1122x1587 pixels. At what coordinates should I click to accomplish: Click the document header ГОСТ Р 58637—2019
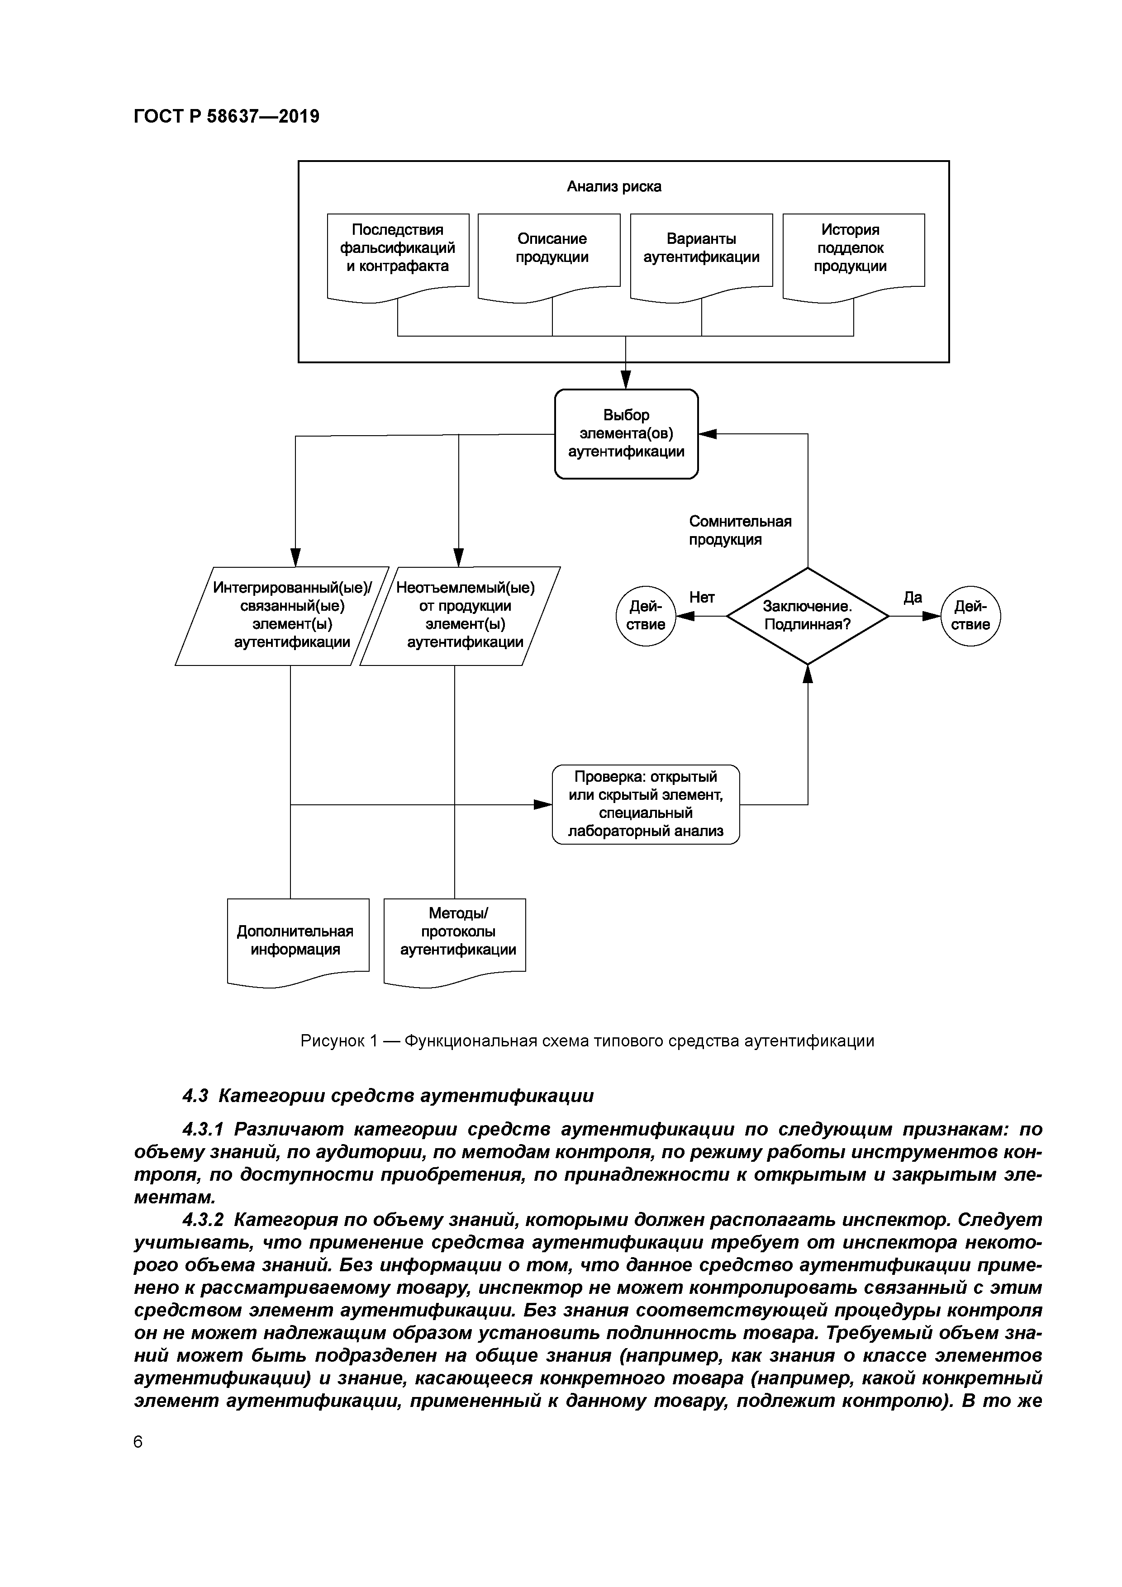[226, 116]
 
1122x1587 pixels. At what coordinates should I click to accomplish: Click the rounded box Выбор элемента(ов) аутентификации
[626, 433]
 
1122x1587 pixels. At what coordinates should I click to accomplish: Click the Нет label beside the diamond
[702, 597]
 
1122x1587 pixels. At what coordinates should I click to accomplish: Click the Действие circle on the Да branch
[970, 615]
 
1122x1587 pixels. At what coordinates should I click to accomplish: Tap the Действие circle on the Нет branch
[645, 615]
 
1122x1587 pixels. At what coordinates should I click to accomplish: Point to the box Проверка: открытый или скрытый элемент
[645, 804]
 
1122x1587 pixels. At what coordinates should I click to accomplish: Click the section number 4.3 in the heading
[195, 1096]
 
